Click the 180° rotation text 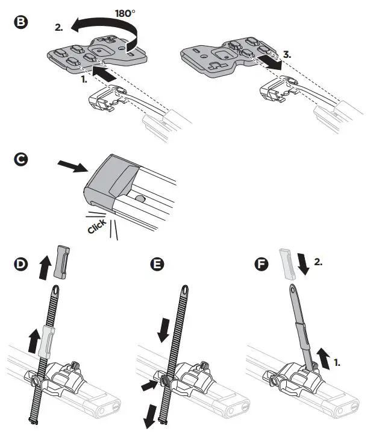(x=142, y=11)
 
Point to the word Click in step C (x=96, y=227)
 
